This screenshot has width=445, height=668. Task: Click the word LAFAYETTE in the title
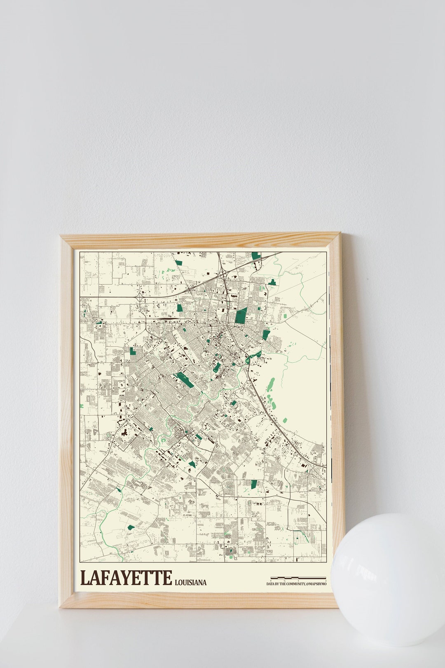126,578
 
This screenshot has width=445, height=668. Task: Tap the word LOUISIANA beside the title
190,582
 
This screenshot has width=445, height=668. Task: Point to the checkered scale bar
298,578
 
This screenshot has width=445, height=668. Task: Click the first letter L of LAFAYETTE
84,578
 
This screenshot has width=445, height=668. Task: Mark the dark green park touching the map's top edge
256,255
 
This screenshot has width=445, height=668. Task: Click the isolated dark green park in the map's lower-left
131,527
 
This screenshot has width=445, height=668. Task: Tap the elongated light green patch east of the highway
270,385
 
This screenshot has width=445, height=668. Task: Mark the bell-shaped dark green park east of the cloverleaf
272,282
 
